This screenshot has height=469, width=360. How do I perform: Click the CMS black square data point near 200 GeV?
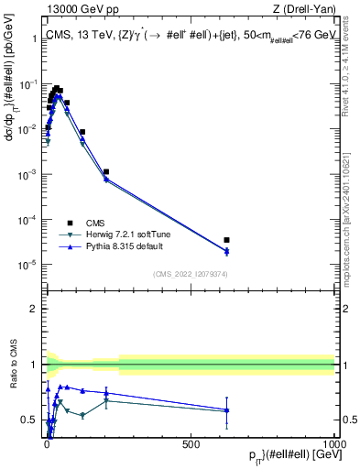[x=106, y=171]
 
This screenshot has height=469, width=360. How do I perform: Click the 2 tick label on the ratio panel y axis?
[x=33, y=309]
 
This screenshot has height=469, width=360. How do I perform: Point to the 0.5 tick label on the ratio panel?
[x=29, y=420]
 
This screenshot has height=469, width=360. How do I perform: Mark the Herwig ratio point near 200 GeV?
[x=106, y=400]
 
